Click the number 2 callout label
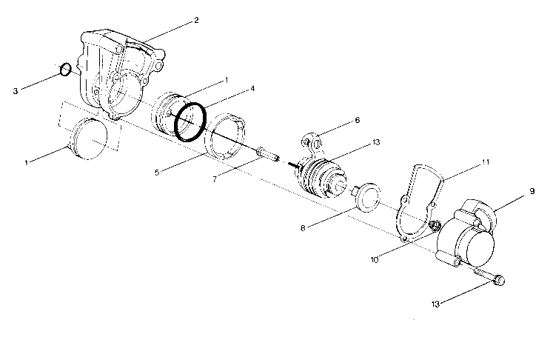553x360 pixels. (196, 20)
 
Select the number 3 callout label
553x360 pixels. (15, 92)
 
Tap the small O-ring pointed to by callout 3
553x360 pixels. (66, 70)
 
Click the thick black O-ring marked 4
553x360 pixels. (190, 121)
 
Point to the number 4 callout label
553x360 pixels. (252, 89)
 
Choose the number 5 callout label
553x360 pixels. (158, 172)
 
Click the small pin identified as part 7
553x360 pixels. (267, 156)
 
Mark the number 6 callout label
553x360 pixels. (357, 119)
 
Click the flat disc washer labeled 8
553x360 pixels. (366, 198)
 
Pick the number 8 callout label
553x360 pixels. (302, 230)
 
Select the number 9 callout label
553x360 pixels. (532, 191)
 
